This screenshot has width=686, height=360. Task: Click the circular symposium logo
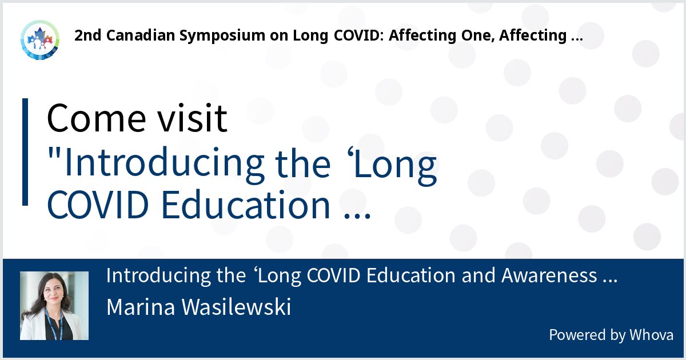tap(39, 39)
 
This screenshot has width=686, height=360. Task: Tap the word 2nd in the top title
tap(87, 36)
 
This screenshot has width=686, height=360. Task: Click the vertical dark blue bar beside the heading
tap(25, 152)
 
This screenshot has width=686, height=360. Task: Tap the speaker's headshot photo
tap(54, 306)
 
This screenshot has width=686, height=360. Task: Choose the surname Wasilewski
tap(240, 307)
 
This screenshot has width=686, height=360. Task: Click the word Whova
tap(652, 335)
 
